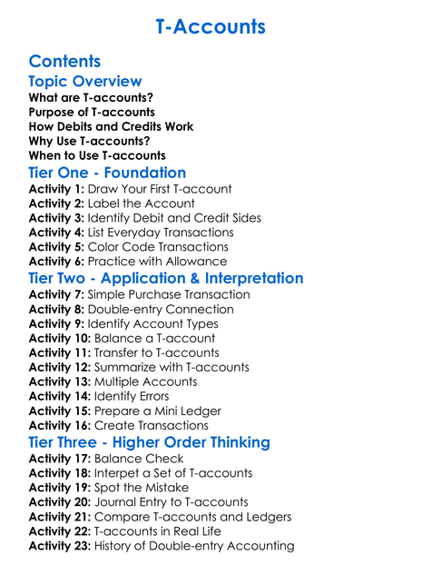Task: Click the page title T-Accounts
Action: coord(211,26)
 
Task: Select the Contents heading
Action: coord(64,62)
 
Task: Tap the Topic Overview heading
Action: coord(85,82)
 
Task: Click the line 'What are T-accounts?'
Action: coord(91,97)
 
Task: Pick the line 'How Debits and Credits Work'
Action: coord(111,126)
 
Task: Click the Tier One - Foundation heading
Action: coord(107,173)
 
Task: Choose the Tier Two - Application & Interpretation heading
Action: coord(166,278)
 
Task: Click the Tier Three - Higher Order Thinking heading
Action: coord(149,442)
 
